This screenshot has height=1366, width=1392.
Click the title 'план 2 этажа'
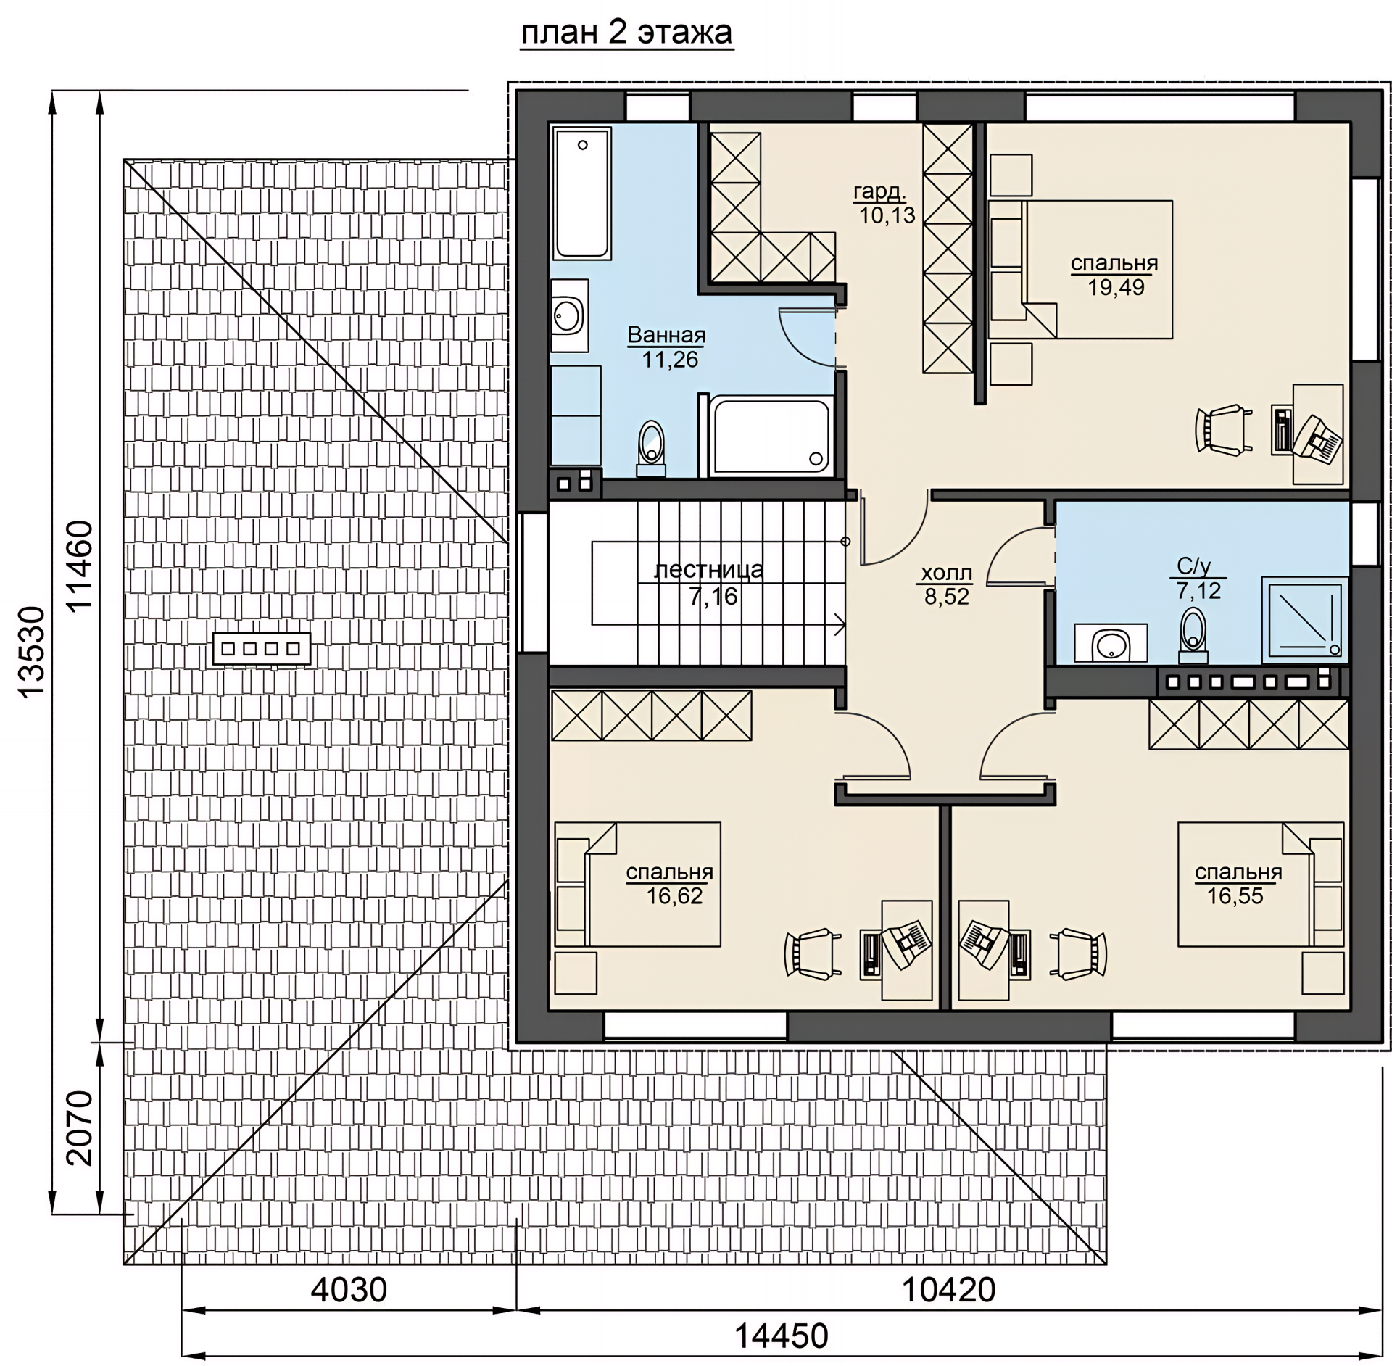(627, 33)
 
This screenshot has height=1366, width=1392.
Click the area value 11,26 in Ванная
(670, 359)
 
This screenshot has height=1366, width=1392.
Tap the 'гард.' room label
(879, 191)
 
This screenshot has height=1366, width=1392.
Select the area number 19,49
(1116, 287)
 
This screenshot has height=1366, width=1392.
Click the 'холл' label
(946, 573)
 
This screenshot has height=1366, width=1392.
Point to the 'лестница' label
(708, 569)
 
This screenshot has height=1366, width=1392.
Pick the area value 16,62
(675, 895)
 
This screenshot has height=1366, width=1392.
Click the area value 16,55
(1235, 895)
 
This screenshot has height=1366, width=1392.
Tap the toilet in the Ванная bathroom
(651, 447)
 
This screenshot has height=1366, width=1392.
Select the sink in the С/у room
(1110, 642)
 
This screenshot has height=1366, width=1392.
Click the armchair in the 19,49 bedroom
(1223, 430)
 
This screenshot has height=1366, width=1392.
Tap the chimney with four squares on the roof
(262, 648)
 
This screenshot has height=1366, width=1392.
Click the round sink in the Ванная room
(568, 315)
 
